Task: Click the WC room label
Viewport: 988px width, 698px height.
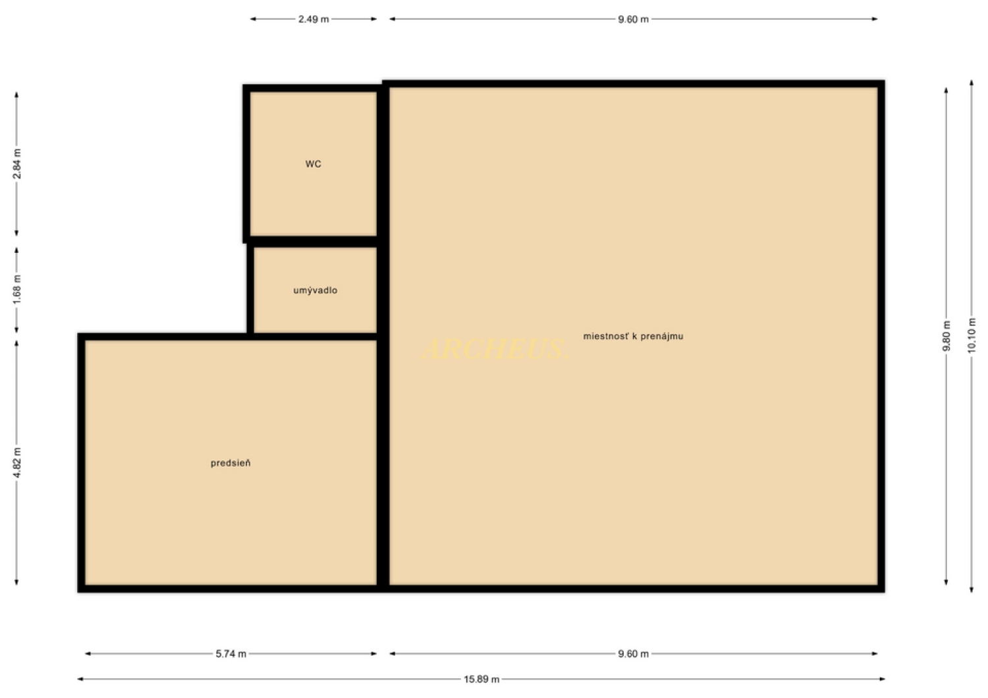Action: pyautogui.click(x=313, y=164)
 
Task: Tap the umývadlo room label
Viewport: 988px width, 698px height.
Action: pyautogui.click(x=316, y=290)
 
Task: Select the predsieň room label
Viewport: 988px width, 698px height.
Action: pyautogui.click(x=231, y=463)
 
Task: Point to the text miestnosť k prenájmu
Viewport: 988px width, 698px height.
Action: pyautogui.click(x=634, y=336)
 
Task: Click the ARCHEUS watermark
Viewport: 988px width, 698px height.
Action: pyautogui.click(x=495, y=349)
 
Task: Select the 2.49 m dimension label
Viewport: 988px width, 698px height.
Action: pyautogui.click(x=314, y=19)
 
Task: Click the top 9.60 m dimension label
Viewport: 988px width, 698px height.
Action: pyautogui.click(x=634, y=19)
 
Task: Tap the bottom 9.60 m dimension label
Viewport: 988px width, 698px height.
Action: pyautogui.click(x=634, y=654)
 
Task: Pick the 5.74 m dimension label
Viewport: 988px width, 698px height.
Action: pyautogui.click(x=231, y=654)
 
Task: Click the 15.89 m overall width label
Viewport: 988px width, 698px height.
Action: pyautogui.click(x=481, y=680)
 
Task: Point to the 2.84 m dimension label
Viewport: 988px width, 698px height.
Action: pyautogui.click(x=16, y=164)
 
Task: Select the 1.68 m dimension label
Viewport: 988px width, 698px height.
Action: pyautogui.click(x=16, y=290)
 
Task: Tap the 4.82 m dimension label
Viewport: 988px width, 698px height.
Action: pyautogui.click(x=16, y=462)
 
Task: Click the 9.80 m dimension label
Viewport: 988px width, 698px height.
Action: pyautogui.click(x=946, y=336)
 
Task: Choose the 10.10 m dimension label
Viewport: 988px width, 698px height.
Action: pyautogui.click(x=972, y=336)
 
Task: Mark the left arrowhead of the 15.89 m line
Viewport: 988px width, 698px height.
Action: pyautogui.click(x=80, y=680)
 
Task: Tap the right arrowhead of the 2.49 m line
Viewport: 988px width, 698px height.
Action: pyautogui.click(x=374, y=19)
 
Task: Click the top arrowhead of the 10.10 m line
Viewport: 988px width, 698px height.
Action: pyautogui.click(x=972, y=83)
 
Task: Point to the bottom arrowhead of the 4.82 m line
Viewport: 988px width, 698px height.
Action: pyautogui.click(x=16, y=583)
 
